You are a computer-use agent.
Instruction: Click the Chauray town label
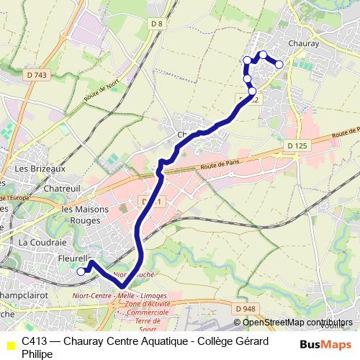tap(302, 43)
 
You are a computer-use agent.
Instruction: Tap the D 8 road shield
tap(158, 24)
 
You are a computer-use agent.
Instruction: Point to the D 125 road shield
tap(297, 145)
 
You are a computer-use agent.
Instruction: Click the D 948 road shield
tap(245, 309)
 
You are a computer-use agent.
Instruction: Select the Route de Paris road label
tap(220, 166)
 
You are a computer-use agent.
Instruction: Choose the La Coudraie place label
tap(43, 242)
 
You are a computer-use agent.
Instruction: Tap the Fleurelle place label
tap(72, 258)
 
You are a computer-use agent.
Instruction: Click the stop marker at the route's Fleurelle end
tap(81, 271)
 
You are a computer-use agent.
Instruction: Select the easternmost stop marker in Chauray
tap(279, 65)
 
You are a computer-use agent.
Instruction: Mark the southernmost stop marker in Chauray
tap(252, 91)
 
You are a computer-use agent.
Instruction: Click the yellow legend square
tap(9, 346)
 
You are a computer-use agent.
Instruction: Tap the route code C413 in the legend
tap(35, 341)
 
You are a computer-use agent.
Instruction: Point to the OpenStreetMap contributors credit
tap(297, 323)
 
